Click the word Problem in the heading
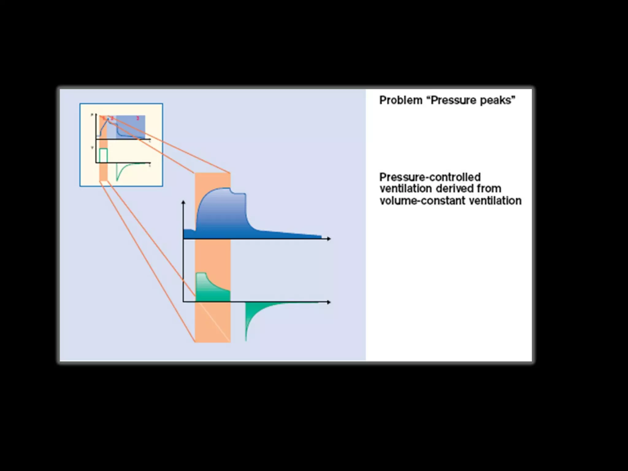tap(400, 100)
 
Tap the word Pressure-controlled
tap(430, 177)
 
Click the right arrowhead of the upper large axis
tap(329, 239)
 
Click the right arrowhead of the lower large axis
tap(329, 302)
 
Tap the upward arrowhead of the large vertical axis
tap(183, 202)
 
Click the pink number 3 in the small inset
tap(138, 118)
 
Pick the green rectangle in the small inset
tap(103, 155)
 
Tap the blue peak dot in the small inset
tap(108, 119)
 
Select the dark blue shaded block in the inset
tap(130, 126)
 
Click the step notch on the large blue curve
tap(233, 193)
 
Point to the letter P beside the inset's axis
tap(92, 115)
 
